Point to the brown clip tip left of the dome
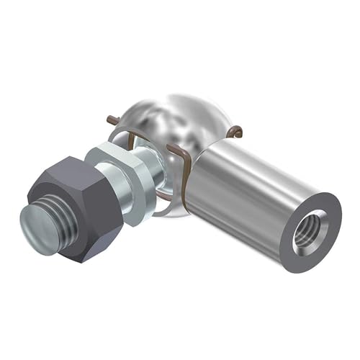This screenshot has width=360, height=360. (112, 119)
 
